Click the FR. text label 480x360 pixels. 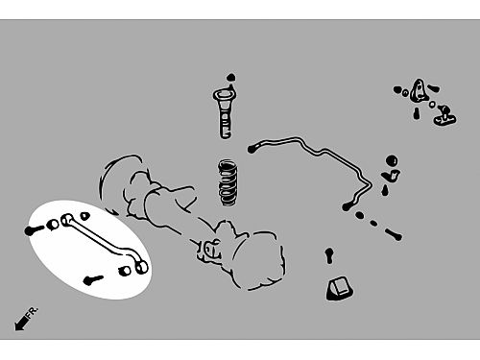click(33, 313)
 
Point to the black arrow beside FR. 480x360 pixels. click(21, 323)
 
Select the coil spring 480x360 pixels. click(228, 182)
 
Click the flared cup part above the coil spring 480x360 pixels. click(224, 113)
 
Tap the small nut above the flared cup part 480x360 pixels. click(231, 78)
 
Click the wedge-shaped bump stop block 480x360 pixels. click(339, 289)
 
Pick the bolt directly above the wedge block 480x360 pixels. click(329, 255)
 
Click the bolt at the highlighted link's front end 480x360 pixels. click(34, 229)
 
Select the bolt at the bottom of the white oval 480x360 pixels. click(93, 280)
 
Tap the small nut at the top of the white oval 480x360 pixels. click(84, 216)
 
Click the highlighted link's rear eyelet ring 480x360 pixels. click(141, 267)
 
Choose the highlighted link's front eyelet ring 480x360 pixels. click(67, 220)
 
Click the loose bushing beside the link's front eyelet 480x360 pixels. click(53, 225)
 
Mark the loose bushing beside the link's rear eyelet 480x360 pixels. click(125, 271)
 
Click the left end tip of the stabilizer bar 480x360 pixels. click(251, 149)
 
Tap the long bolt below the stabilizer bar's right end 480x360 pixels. click(394, 234)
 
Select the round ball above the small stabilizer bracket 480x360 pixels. click(392, 160)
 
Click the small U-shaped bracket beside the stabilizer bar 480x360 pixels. click(391, 176)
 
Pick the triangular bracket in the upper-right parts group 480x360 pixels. click(418, 90)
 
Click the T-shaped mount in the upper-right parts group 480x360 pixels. click(444, 116)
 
